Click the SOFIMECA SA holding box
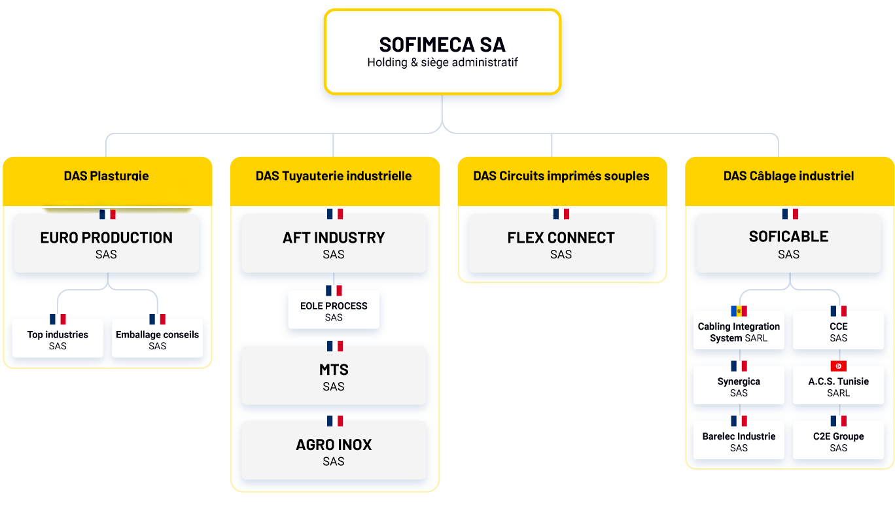(x=442, y=52)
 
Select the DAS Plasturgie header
(x=107, y=176)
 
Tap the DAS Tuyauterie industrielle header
(x=334, y=176)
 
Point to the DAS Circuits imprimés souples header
(x=561, y=176)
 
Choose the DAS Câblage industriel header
(x=788, y=176)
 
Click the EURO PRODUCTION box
(x=107, y=244)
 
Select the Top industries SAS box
(x=58, y=339)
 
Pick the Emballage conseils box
(x=157, y=339)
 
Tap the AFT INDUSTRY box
(x=334, y=244)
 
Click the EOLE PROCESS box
(x=334, y=311)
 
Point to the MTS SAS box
(x=334, y=376)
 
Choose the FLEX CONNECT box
(x=561, y=244)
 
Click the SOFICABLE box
(x=788, y=243)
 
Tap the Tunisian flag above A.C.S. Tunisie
(x=839, y=366)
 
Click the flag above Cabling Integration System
(x=739, y=311)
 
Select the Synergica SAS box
(x=739, y=386)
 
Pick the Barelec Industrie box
(x=739, y=441)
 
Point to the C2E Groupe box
(x=839, y=441)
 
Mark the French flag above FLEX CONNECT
(x=561, y=214)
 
